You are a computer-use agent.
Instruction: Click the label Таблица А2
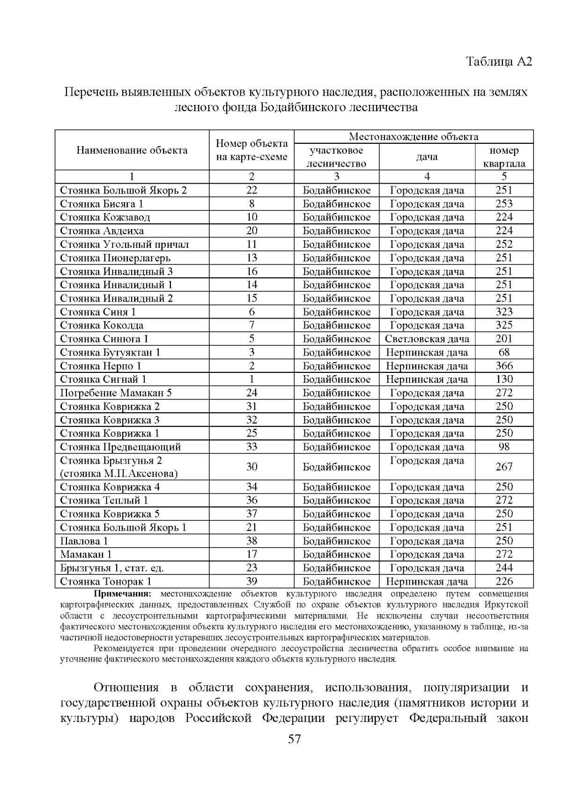(x=499, y=62)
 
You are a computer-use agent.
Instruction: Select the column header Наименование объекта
(x=132, y=150)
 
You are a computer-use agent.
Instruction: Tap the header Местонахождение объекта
(x=414, y=137)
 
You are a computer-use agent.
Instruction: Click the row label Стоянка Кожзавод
(x=105, y=217)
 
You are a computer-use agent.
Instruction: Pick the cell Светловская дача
(x=427, y=339)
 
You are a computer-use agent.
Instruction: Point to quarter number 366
(x=504, y=366)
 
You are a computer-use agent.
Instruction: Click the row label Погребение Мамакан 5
(x=116, y=393)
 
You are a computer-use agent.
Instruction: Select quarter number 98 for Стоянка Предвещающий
(x=504, y=447)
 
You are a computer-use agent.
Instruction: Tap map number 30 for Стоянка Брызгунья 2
(x=251, y=467)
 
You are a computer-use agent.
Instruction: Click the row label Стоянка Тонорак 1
(x=106, y=582)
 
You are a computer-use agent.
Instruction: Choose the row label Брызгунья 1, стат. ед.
(x=112, y=568)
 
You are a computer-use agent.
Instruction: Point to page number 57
(x=294, y=739)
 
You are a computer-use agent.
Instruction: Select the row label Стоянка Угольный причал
(x=125, y=245)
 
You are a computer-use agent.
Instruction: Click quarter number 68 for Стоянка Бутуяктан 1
(x=504, y=352)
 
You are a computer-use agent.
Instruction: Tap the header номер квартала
(x=504, y=157)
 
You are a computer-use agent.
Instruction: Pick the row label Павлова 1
(x=84, y=541)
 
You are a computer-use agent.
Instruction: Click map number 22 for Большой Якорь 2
(x=251, y=190)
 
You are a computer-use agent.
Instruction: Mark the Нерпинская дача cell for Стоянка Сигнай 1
(x=427, y=379)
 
